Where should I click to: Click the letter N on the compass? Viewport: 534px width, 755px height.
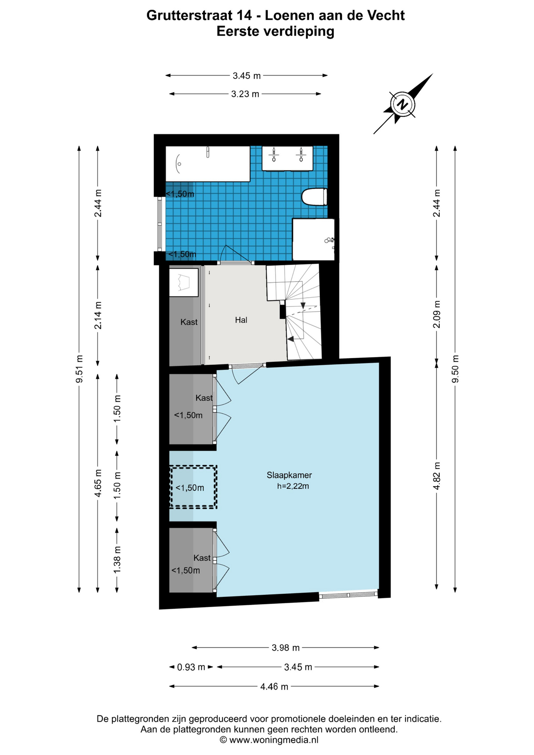pos(402,105)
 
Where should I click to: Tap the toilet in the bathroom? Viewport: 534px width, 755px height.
pos(314,197)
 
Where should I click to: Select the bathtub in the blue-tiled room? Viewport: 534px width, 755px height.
pos(208,164)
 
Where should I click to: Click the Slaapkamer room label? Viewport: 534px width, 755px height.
pos(289,475)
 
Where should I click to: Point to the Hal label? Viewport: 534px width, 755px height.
pos(241,320)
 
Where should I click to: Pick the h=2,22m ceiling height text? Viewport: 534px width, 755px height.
pos(293,486)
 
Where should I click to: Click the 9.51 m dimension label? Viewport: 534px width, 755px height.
pos(79,369)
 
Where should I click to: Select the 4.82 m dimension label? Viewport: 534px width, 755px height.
pos(436,476)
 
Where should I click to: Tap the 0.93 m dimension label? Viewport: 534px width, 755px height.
pos(191,667)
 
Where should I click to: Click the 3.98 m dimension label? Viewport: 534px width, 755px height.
pos(286,648)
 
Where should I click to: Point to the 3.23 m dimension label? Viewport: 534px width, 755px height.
pos(245,94)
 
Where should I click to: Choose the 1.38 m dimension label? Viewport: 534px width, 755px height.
pos(117,560)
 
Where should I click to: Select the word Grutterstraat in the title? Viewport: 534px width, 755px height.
pos(190,15)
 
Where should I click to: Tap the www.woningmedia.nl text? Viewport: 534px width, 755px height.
pos(274,740)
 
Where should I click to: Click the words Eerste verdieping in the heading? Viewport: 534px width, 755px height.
pos(275,31)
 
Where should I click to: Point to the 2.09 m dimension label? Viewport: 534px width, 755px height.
pos(436,314)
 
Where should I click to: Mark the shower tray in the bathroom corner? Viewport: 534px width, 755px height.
pos(313,239)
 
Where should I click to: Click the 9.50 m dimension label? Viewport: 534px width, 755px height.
pos(455,369)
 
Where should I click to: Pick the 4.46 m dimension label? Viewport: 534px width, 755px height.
pos(274,687)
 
